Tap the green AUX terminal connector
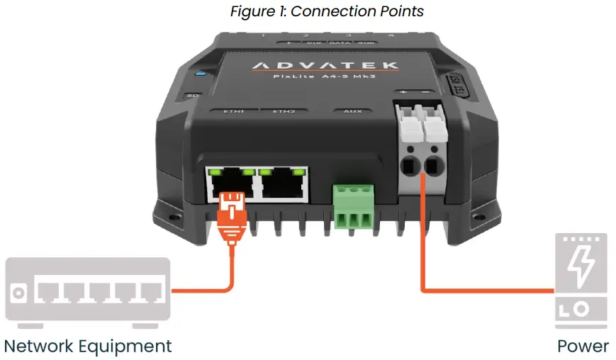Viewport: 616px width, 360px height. [352, 205]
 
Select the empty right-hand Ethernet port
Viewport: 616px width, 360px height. [283, 184]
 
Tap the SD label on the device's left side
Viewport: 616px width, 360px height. [191, 95]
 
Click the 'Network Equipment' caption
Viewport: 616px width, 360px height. [88, 346]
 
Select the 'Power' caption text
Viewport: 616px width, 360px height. [583, 346]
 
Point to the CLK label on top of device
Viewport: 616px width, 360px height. [313, 43]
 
